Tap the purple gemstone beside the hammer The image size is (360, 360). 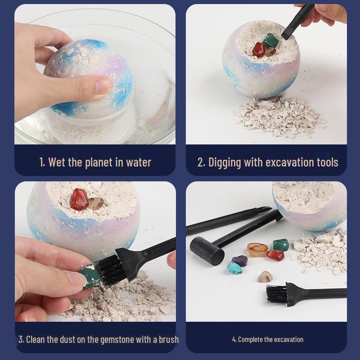tap(239, 261)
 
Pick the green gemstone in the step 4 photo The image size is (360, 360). tap(280, 245)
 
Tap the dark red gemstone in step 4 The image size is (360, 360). tap(275, 255)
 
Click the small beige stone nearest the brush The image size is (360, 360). tap(265, 276)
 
